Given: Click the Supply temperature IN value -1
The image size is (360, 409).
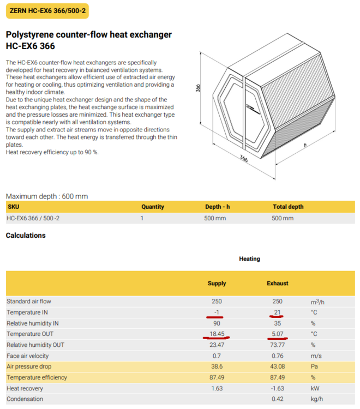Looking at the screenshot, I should click(217, 312).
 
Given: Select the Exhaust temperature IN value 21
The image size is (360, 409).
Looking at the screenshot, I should click(277, 312).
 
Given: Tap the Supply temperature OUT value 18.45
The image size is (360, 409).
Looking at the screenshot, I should click(217, 334).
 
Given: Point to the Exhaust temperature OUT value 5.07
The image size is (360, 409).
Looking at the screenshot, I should click(277, 334).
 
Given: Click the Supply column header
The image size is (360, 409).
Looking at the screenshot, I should click(217, 284).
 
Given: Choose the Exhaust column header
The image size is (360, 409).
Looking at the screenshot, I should click(277, 284).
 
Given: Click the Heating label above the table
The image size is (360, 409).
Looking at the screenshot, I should click(249, 258).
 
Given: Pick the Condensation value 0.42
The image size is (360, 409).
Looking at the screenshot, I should click(277, 399).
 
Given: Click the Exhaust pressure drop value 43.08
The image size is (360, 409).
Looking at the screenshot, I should click(277, 366).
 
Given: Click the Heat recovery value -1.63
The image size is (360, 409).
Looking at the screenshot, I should click(277, 388).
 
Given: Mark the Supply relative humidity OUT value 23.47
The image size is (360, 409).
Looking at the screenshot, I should click(217, 345).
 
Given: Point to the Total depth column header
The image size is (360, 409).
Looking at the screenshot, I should click(287, 207).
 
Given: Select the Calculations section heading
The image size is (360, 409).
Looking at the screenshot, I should click(26, 236).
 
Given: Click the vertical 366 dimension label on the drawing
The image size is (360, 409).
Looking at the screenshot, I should click(200, 88).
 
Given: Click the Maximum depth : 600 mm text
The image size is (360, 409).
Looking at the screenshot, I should click(46, 196).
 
